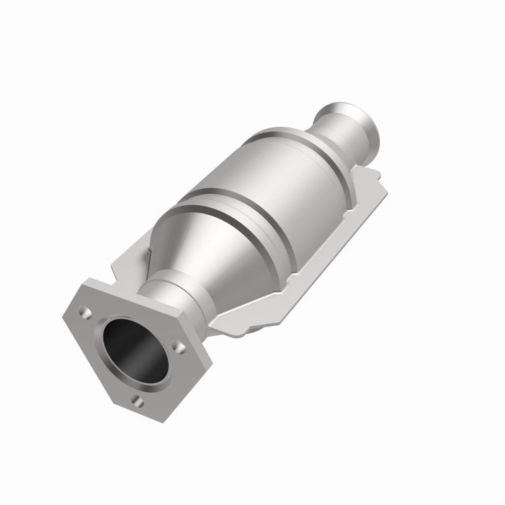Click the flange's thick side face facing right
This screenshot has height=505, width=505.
click(x=202, y=366)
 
